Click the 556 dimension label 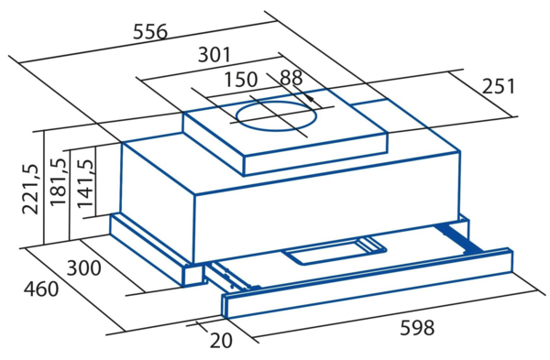click(x=150, y=31)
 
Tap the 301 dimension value click(x=214, y=55)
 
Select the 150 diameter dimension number click(x=240, y=80)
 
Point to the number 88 click(x=291, y=78)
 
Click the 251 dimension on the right click(x=499, y=86)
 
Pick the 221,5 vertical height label click(x=30, y=189)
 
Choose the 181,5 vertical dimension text click(x=58, y=181)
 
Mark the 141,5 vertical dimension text click(x=85, y=183)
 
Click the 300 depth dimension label click(x=83, y=268)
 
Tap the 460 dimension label click(x=41, y=289)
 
